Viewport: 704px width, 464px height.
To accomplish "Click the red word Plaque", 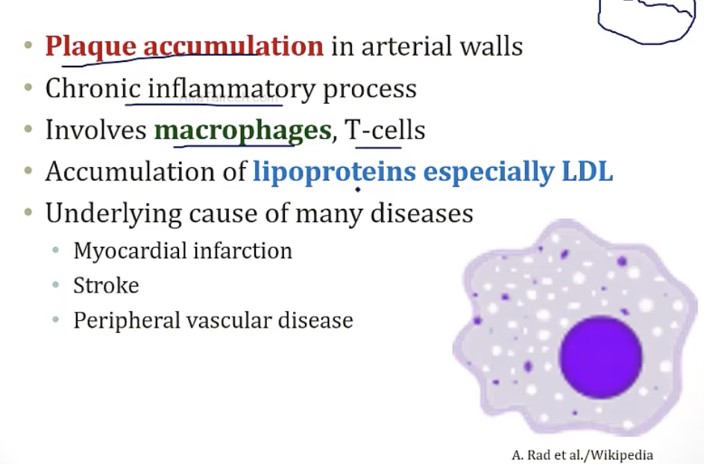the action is click(x=91, y=46).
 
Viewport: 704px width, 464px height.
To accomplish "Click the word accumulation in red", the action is click(x=233, y=46).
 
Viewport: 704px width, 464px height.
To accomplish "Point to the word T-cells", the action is click(x=385, y=131).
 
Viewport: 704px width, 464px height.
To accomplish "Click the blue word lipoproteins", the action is click(x=334, y=172).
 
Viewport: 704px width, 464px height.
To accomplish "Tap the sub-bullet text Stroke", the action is click(x=106, y=286).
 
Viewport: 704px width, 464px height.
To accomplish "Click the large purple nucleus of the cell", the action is click(x=600, y=357).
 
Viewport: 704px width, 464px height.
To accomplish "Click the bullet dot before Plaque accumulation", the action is click(x=28, y=46).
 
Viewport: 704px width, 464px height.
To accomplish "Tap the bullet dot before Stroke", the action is click(x=57, y=286).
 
